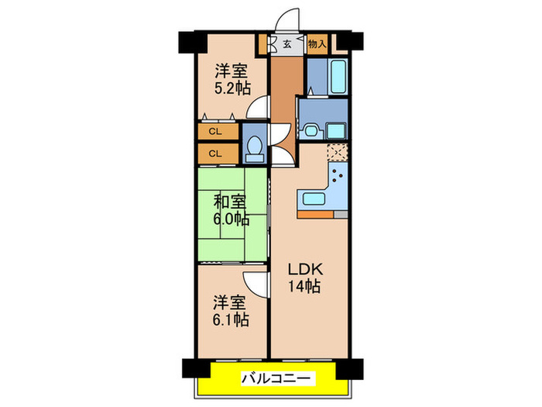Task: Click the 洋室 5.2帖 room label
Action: [232, 78]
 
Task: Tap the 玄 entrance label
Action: [286, 44]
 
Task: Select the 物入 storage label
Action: [317, 44]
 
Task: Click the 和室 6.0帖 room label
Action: [232, 211]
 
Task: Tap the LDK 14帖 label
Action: [305, 278]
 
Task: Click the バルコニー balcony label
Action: [276, 378]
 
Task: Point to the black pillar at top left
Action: [189, 41]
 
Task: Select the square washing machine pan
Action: [336, 129]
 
